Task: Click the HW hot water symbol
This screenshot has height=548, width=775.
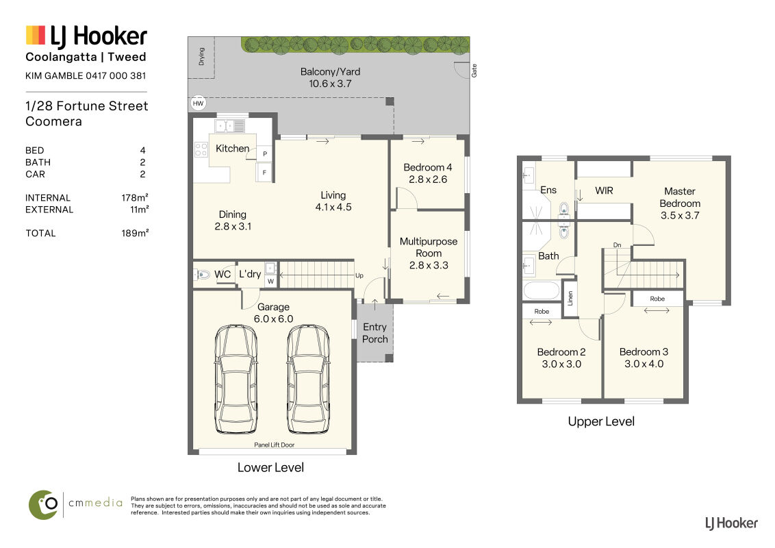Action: pyautogui.click(x=198, y=103)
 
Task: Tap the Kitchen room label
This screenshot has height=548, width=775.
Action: pyautogui.click(x=232, y=149)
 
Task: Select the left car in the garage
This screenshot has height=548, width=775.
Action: pyautogui.click(x=236, y=379)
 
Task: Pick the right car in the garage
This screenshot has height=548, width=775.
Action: pyautogui.click(x=308, y=379)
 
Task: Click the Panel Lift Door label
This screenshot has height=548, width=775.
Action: pyautogui.click(x=275, y=445)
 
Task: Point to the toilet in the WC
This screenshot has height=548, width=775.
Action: pyautogui.click(x=202, y=274)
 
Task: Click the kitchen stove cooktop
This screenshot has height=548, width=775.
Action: pyautogui.click(x=201, y=149)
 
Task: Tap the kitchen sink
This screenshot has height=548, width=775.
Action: pyautogui.click(x=230, y=126)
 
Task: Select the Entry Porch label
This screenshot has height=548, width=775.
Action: pyautogui.click(x=375, y=333)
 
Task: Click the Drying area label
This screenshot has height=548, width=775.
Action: pyautogui.click(x=202, y=56)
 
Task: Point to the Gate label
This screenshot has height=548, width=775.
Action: pyautogui.click(x=474, y=71)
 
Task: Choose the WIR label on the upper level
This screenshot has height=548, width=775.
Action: pyautogui.click(x=604, y=190)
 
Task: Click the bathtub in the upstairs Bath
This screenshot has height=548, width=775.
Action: pyautogui.click(x=542, y=290)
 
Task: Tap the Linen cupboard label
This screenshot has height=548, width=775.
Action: pyautogui.click(x=570, y=298)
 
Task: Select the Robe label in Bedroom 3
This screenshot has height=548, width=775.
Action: pyautogui.click(x=657, y=299)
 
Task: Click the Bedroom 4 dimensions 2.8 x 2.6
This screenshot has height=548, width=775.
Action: pyautogui.click(x=428, y=179)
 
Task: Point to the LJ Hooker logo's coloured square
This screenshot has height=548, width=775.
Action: pyautogui.click(x=36, y=35)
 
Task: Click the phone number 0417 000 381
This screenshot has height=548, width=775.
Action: pyautogui.click(x=116, y=75)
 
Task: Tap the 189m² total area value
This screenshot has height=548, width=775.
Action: pyautogui.click(x=135, y=233)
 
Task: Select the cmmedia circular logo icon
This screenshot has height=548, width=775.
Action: pyautogui.click(x=43, y=505)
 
